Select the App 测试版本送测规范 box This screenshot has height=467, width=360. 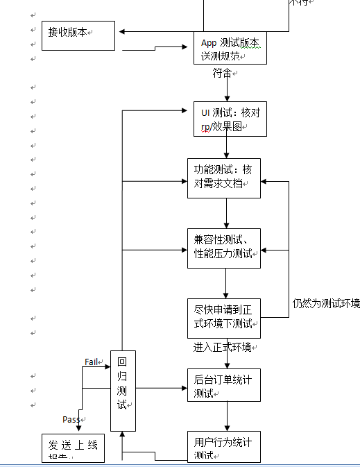230,48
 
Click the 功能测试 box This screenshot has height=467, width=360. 224,178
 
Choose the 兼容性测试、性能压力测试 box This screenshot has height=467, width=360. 224,248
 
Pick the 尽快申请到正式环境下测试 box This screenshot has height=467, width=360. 224,318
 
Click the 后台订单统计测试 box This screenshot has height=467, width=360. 224,385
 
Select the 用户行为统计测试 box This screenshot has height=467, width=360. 224,447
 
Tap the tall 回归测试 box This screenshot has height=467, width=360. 123,391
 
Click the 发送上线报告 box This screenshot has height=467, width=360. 72,449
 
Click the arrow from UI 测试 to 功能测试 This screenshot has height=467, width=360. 227,147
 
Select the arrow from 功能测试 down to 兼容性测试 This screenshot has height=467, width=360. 227,213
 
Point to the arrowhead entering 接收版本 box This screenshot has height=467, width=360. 122,31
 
